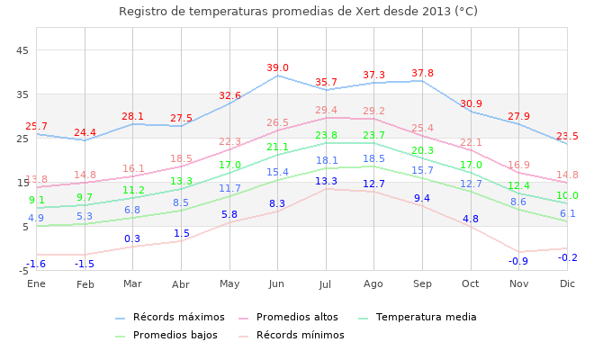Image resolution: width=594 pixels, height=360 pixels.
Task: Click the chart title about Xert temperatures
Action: pos(298,12)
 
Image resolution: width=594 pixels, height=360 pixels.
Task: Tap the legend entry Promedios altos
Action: pos(297,318)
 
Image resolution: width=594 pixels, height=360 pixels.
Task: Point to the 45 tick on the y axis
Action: pos(23,50)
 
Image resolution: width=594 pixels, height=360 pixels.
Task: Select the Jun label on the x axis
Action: pos(276,284)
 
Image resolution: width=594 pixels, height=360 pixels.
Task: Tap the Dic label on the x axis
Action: pos(567,284)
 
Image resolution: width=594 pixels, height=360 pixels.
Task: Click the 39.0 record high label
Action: pos(277,68)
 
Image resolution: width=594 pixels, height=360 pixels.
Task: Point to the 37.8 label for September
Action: pos(422,74)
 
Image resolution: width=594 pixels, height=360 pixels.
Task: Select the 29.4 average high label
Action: pos(326,111)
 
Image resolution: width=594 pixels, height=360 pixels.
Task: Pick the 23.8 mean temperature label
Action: pos(326,136)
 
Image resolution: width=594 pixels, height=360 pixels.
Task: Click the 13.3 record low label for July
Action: pos(326,182)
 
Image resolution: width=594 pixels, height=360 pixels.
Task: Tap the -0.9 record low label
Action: pos(518,262)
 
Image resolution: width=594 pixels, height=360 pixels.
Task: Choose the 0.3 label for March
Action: pos(132,239)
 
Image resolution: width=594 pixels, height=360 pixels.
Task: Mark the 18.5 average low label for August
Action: pos(373,159)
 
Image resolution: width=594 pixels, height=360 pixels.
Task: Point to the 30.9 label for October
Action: pos(471,104)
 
